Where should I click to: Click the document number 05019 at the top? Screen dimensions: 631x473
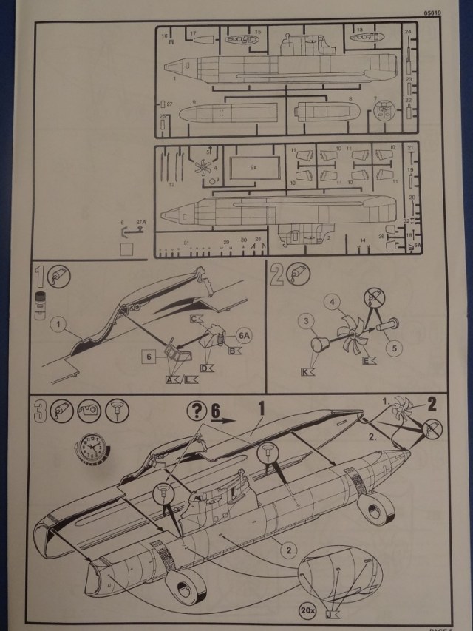pyautogui.click(x=435, y=13)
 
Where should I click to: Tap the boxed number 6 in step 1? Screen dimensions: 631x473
pyautogui.click(x=148, y=357)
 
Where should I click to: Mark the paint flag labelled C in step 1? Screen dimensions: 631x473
pyautogui.click(x=196, y=319)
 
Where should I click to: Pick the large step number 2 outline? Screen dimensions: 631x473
pyautogui.click(x=277, y=275)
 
